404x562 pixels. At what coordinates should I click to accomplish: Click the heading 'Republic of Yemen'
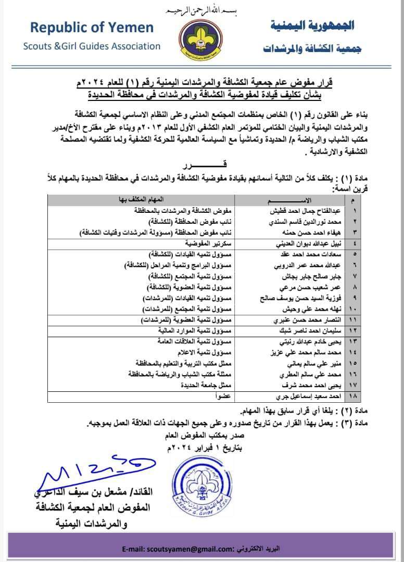coord(92,28)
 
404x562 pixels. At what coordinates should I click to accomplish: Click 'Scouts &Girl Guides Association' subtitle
coord(92,46)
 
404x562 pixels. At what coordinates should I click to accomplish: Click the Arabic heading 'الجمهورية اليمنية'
coord(312,25)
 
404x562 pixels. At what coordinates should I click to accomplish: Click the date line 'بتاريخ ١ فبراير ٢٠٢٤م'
coord(206,447)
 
